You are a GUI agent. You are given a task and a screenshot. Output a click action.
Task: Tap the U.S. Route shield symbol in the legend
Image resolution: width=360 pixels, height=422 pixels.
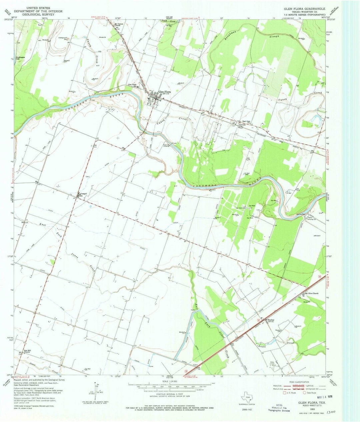pyautogui.click(x=284, y=393)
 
